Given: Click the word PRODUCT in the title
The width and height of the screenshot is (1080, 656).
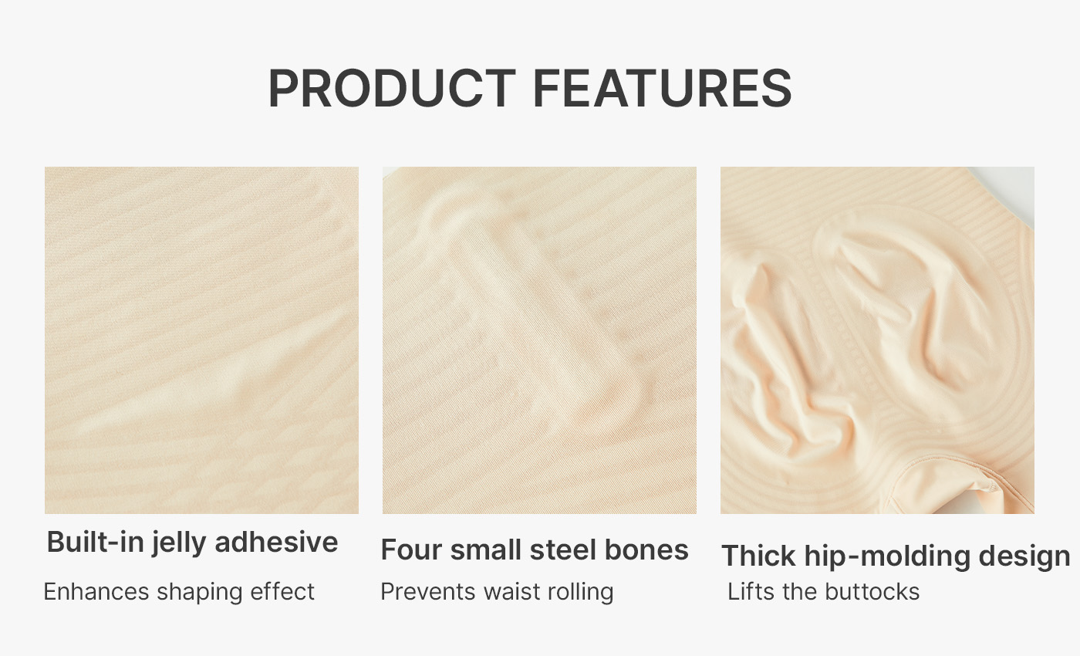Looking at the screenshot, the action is (392, 88).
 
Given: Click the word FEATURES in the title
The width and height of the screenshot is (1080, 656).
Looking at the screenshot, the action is (663, 88).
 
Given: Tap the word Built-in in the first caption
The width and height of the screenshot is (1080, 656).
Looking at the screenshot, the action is (96, 542).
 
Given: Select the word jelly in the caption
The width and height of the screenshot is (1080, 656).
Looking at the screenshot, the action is (179, 543).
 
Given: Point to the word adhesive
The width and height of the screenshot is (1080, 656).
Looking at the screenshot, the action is (276, 542).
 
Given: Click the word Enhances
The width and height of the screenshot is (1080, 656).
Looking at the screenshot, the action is (96, 591).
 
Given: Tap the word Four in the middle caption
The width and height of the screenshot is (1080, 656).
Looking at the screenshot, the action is (411, 549).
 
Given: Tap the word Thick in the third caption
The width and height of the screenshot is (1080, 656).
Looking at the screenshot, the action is (758, 556).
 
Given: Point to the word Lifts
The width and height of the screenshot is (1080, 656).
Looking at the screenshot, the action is (751, 591).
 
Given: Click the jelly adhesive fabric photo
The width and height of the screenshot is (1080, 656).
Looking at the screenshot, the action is (201, 340).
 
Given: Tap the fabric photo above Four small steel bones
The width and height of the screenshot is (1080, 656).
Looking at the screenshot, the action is (539, 340).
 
